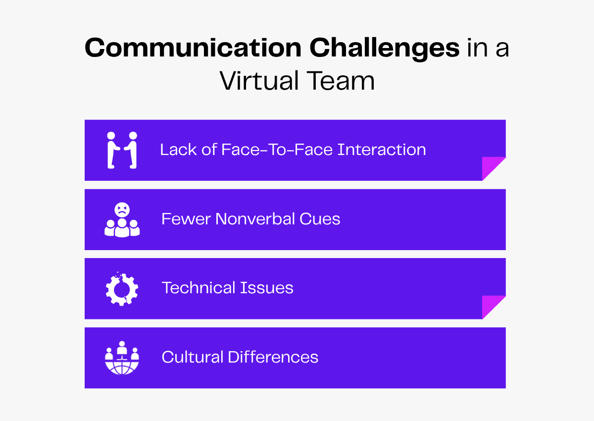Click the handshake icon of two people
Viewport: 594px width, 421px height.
click(x=122, y=150)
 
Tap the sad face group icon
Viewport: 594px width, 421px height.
click(x=122, y=219)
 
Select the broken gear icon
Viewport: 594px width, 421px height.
click(x=122, y=288)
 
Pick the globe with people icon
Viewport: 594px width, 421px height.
click(x=122, y=358)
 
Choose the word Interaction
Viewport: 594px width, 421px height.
click(x=382, y=150)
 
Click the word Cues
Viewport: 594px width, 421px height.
click(x=321, y=219)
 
